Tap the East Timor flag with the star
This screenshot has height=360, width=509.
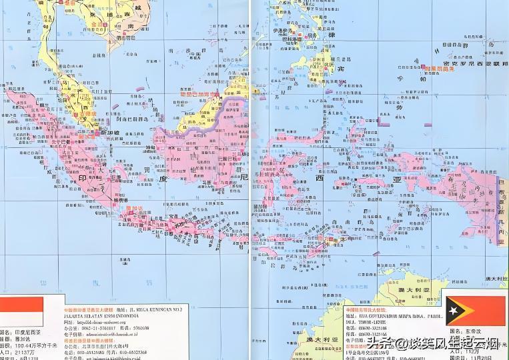(x=474, y=311)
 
